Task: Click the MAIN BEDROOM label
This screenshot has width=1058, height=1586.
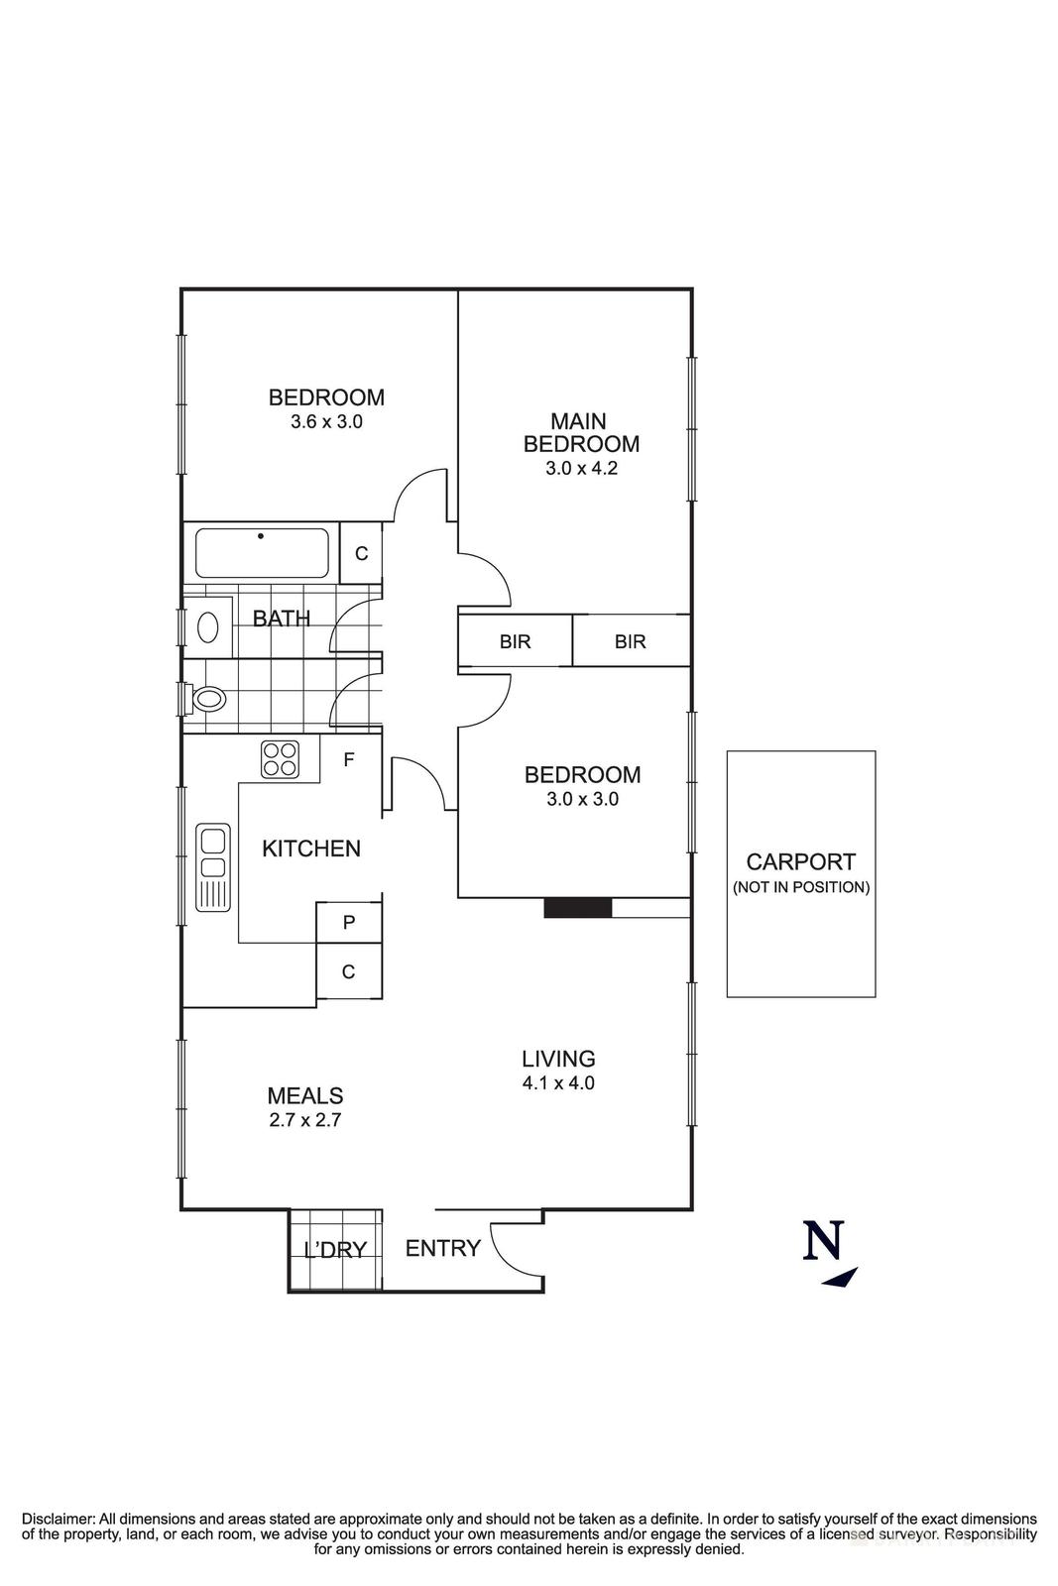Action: (581, 433)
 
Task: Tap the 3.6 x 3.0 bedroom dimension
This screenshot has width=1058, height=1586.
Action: (326, 421)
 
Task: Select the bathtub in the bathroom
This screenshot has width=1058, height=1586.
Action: (262, 553)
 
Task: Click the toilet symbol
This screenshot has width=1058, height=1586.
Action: (208, 699)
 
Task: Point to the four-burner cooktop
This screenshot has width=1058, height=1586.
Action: (281, 759)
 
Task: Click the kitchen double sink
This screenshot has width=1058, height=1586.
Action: (213, 865)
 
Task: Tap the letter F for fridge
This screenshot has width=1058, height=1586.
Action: (348, 760)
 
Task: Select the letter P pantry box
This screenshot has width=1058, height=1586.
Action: (349, 923)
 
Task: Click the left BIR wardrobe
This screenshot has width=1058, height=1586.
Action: (515, 641)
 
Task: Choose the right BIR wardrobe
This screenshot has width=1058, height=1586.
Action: (631, 641)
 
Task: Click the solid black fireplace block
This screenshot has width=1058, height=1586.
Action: (578, 907)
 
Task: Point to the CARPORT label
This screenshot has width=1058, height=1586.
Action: (800, 862)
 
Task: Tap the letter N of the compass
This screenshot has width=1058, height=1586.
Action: (824, 1240)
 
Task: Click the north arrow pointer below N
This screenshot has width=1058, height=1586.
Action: (840, 1278)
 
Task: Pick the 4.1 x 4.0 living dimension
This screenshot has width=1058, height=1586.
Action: (558, 1083)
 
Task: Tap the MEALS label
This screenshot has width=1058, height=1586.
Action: (305, 1095)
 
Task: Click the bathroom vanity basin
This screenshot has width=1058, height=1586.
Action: (208, 626)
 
